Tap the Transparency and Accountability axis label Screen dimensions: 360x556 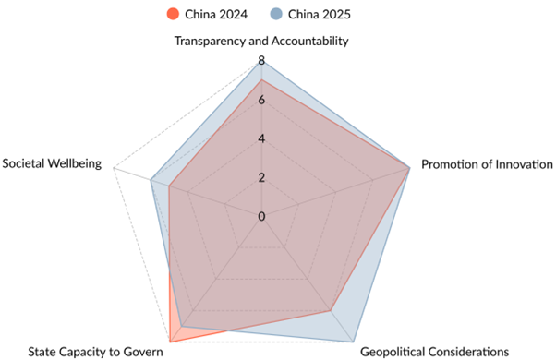(x=263, y=42)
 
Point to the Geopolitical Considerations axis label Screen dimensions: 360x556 (x=434, y=351)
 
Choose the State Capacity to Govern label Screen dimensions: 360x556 (x=95, y=351)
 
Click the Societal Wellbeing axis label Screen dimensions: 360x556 (x=53, y=165)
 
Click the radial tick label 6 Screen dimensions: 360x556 (x=261, y=100)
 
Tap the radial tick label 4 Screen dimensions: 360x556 (x=261, y=139)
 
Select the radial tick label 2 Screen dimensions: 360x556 (x=261, y=178)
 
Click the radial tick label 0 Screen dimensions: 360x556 (x=261, y=217)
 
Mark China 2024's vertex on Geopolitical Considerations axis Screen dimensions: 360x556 (x=332, y=312)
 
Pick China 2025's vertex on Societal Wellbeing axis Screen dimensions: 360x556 (x=151, y=181)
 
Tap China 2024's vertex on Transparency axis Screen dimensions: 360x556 (x=263, y=80)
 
